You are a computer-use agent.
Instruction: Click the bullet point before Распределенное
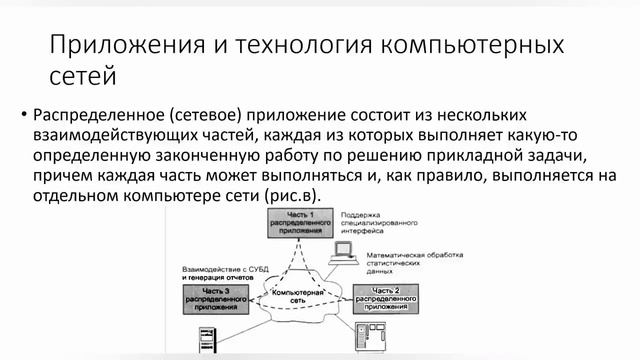coord(24,117)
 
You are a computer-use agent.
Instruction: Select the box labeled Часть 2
coord(383,297)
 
